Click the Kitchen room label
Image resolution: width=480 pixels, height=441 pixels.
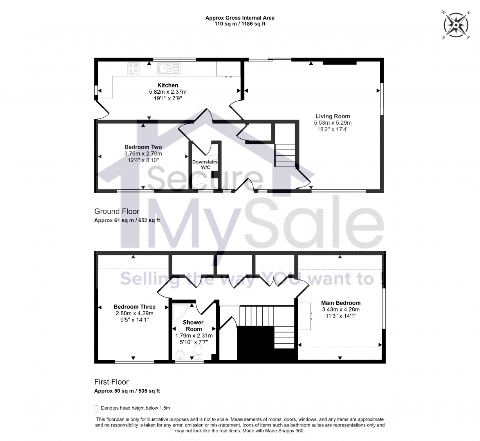pos(168,85)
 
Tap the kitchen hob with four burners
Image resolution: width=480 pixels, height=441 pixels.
pos(134,69)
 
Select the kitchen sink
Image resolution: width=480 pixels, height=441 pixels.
pos(169,69)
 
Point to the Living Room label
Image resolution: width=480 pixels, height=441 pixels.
pos(333,116)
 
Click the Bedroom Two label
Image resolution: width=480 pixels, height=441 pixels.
pos(143,147)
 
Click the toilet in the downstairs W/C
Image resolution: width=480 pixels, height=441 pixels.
pos(202,181)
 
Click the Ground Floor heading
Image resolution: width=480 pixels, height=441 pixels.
pos(117,211)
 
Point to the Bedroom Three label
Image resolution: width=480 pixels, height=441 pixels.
pos(134,307)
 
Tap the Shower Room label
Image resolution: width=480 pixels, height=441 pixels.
pos(193,326)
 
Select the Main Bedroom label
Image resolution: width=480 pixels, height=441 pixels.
pos(341,303)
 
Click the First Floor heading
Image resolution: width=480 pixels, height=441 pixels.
pos(111,382)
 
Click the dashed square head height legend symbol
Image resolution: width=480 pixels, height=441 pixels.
pos(96,409)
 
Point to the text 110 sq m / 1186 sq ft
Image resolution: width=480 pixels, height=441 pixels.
pos(240,24)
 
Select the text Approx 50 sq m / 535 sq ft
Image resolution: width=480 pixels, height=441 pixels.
pos(127,391)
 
